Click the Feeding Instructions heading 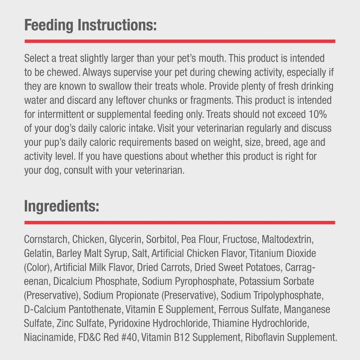(x=90, y=25)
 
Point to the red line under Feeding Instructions (x=180, y=41)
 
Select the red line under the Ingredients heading (x=180, y=222)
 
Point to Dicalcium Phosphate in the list (x=95, y=281)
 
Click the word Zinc (x=66, y=323)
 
